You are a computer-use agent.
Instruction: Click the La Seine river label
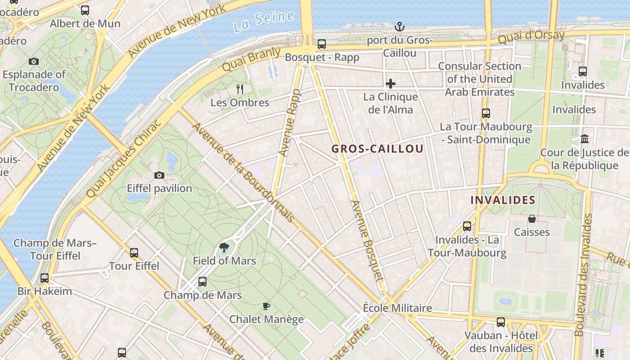[264, 22]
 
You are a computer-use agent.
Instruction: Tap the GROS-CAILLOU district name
[378, 149]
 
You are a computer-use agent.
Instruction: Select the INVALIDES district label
[503, 200]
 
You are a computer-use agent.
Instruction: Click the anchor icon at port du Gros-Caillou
[399, 27]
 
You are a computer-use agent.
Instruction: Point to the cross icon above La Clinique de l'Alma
[390, 84]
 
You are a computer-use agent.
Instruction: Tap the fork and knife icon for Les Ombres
[240, 89]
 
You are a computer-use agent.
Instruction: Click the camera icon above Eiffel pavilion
[159, 175]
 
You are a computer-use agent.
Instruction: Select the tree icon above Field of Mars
[224, 247]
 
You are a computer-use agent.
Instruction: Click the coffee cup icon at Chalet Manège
[266, 306]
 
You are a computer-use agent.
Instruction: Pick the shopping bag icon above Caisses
[532, 219]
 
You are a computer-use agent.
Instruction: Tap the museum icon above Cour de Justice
[585, 139]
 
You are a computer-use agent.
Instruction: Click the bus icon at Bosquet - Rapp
[322, 44]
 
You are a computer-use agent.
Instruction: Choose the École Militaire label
[397, 308]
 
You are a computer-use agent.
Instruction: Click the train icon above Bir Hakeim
[44, 278]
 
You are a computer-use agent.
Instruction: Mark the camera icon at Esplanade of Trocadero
[33, 61]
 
